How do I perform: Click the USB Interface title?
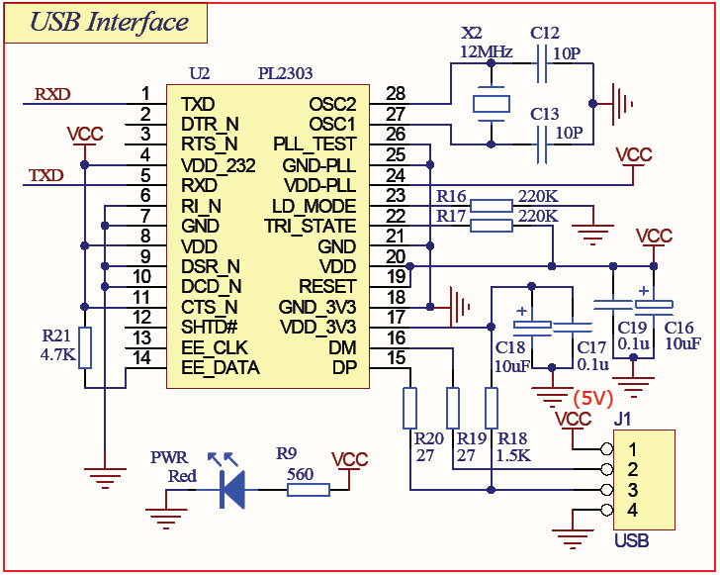coord(109,23)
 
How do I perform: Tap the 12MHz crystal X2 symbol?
coord(491,103)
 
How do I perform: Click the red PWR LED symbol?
coord(231,486)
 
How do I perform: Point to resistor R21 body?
coord(86,346)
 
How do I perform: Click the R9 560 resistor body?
coord(308,489)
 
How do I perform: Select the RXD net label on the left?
coord(52,95)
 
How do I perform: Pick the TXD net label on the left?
coord(45,176)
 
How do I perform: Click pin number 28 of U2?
coord(396,94)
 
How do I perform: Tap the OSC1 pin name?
coord(331,124)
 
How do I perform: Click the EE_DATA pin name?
coord(221,368)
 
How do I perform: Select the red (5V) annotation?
coord(593,398)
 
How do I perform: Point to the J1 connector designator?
coord(623,419)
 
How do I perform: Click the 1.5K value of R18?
coord(515,456)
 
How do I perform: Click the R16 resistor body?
coord(492,206)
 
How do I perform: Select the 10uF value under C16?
coord(682,344)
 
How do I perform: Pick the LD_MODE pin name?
coord(314,206)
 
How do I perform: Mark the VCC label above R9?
coord(350,460)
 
